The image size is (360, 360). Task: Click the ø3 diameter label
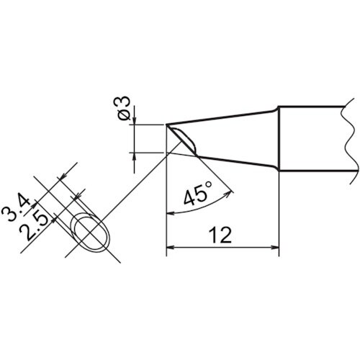click(x=122, y=110)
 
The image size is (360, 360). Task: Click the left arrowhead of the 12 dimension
click(x=171, y=249)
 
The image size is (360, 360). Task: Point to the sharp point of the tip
click(x=168, y=125)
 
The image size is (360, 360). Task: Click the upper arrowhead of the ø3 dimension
click(x=135, y=121)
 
